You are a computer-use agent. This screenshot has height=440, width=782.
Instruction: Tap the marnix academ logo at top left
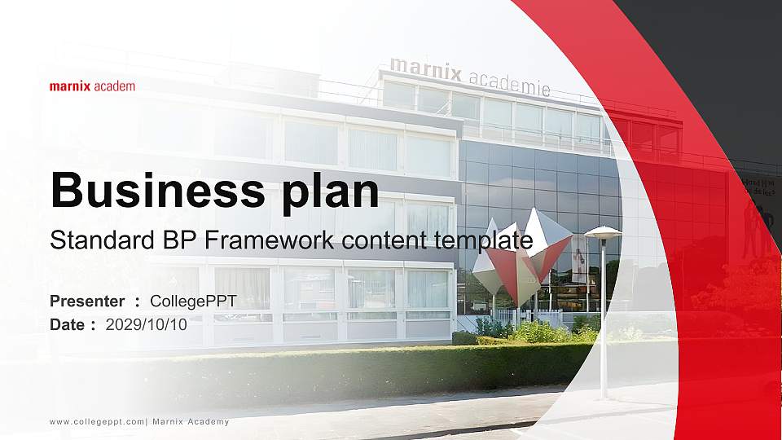(x=92, y=86)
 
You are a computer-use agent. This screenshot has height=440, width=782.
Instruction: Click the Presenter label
(x=87, y=301)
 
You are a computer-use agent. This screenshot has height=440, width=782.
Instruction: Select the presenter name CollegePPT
(x=194, y=301)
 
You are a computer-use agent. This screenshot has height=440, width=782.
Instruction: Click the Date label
(x=68, y=324)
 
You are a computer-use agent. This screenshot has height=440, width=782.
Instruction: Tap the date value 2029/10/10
(x=147, y=324)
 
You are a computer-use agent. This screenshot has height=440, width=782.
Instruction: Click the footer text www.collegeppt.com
(x=97, y=421)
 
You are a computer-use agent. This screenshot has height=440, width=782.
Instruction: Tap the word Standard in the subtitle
(x=90, y=240)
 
